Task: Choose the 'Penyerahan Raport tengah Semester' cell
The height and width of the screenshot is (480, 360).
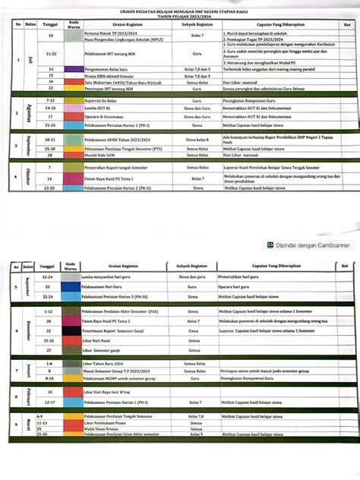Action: click(115, 166)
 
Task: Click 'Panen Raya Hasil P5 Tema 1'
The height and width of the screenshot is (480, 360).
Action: click(107, 176)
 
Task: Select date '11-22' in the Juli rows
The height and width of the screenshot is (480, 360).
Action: click(51, 55)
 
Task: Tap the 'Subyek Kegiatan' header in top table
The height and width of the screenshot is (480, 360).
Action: click(196, 25)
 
